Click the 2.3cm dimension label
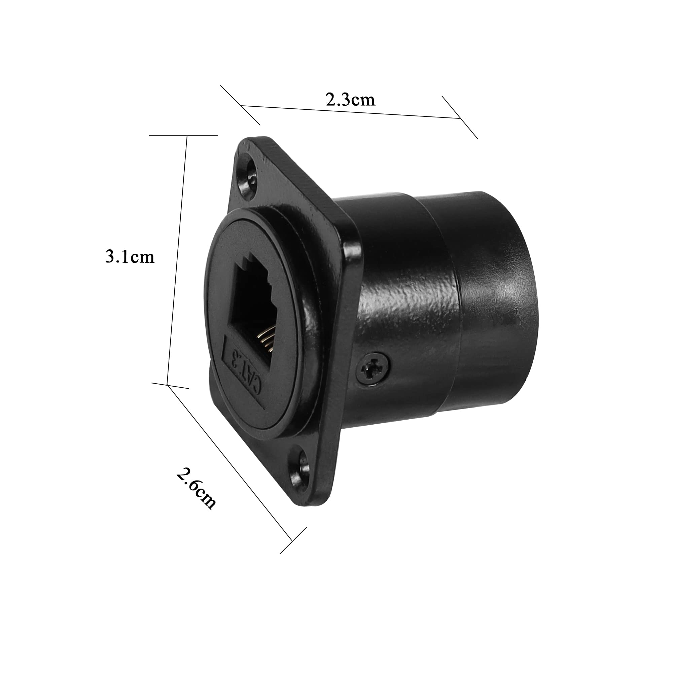[x=350, y=100]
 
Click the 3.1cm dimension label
[x=130, y=257]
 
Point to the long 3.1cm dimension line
[x=177, y=260]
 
